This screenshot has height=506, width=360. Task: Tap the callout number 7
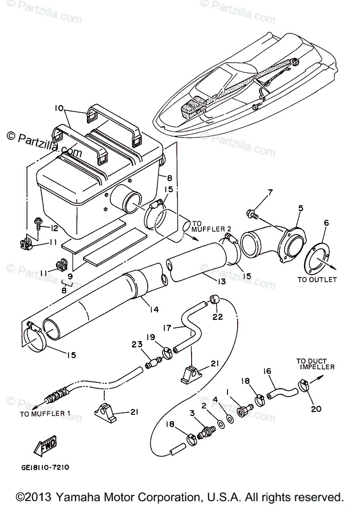click(269, 194)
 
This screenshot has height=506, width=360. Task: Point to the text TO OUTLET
click(317, 279)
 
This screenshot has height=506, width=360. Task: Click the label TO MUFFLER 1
click(45, 414)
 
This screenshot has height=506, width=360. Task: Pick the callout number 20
click(316, 408)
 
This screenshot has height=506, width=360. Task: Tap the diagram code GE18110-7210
click(44, 468)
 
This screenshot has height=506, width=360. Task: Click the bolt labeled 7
click(252, 215)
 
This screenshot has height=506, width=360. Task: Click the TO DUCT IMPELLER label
click(315, 364)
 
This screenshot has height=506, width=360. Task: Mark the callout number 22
click(217, 317)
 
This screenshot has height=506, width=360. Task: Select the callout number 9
click(69, 276)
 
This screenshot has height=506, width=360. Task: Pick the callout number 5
click(300, 207)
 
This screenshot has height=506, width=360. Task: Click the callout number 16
click(267, 371)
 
